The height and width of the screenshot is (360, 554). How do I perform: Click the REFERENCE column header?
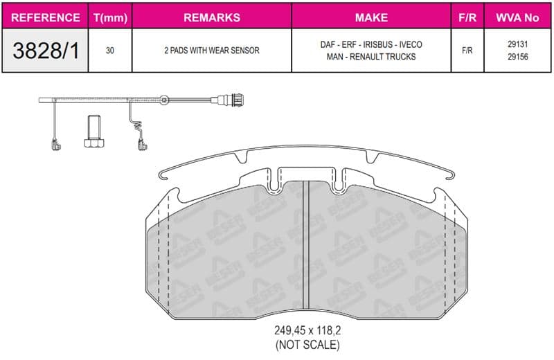tap(46, 17)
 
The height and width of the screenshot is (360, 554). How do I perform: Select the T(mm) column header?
tap(110, 18)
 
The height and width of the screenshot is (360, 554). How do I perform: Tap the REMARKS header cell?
tap(212, 17)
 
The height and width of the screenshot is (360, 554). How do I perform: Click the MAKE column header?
tap(371, 17)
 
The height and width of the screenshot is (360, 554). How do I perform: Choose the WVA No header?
tap(517, 17)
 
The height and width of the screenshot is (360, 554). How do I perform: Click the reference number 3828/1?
tap(46, 50)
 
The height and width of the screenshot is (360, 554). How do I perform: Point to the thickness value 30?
tap(110, 51)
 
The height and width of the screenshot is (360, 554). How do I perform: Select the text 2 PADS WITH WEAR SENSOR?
tap(212, 51)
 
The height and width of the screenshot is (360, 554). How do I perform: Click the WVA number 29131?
tap(517, 44)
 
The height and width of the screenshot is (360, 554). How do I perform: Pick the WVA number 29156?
tap(517, 57)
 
